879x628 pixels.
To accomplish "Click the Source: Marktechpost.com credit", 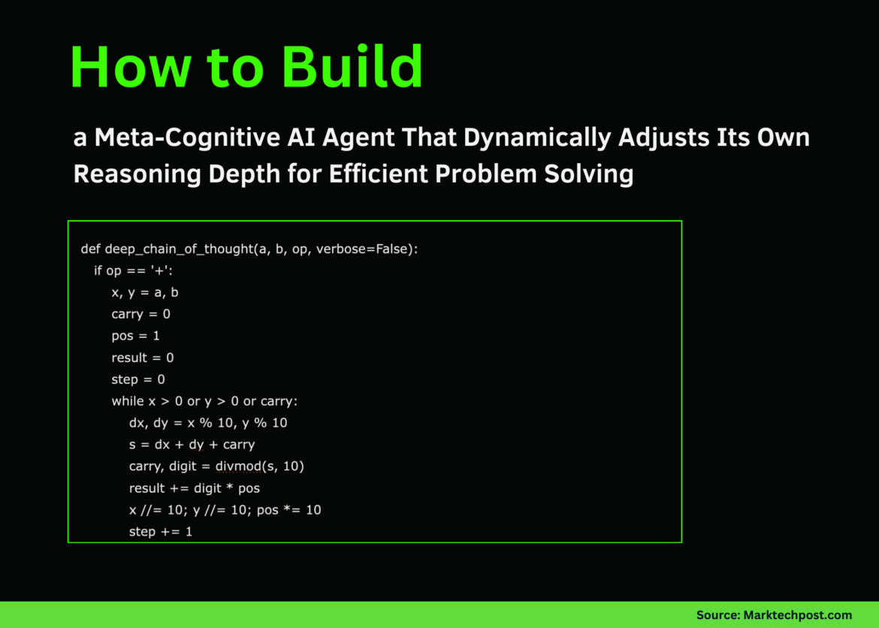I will (x=774, y=614).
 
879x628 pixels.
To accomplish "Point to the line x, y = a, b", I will (x=145, y=292).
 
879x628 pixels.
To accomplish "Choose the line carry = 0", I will (x=140, y=314).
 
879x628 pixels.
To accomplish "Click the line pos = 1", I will (x=135, y=336).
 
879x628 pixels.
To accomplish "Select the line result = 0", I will (x=143, y=358).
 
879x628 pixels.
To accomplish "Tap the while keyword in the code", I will (x=127, y=401).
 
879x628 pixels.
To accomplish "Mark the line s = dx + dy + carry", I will (x=192, y=445).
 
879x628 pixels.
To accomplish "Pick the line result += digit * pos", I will (x=194, y=488).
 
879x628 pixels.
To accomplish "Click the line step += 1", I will (x=161, y=532).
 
